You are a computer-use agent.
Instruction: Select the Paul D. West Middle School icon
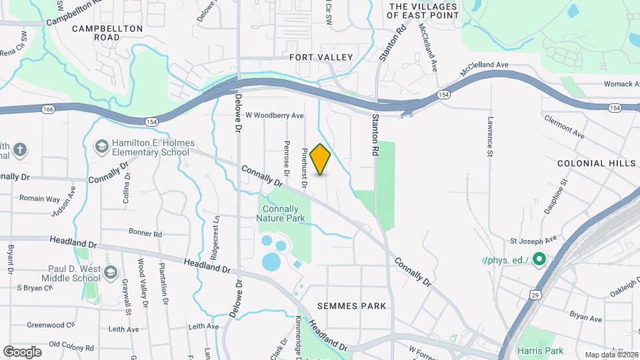pyautogui.click(x=111, y=273)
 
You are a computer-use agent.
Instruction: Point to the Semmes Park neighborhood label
pyautogui.click(x=352, y=306)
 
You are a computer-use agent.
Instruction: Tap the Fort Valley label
pyautogui.click(x=321, y=57)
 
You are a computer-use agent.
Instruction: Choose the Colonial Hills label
pyautogui.click(x=592, y=163)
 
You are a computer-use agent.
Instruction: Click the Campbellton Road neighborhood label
pyautogui.click(x=107, y=33)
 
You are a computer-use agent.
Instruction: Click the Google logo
pyautogui.click(x=22, y=351)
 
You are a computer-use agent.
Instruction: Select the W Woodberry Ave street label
pyautogui.click(x=275, y=115)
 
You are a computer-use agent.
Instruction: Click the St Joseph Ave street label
pyautogui.click(x=533, y=240)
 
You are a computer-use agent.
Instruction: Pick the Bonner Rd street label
pyautogui.click(x=145, y=234)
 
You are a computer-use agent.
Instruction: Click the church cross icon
pyautogui.click(x=20, y=149)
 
